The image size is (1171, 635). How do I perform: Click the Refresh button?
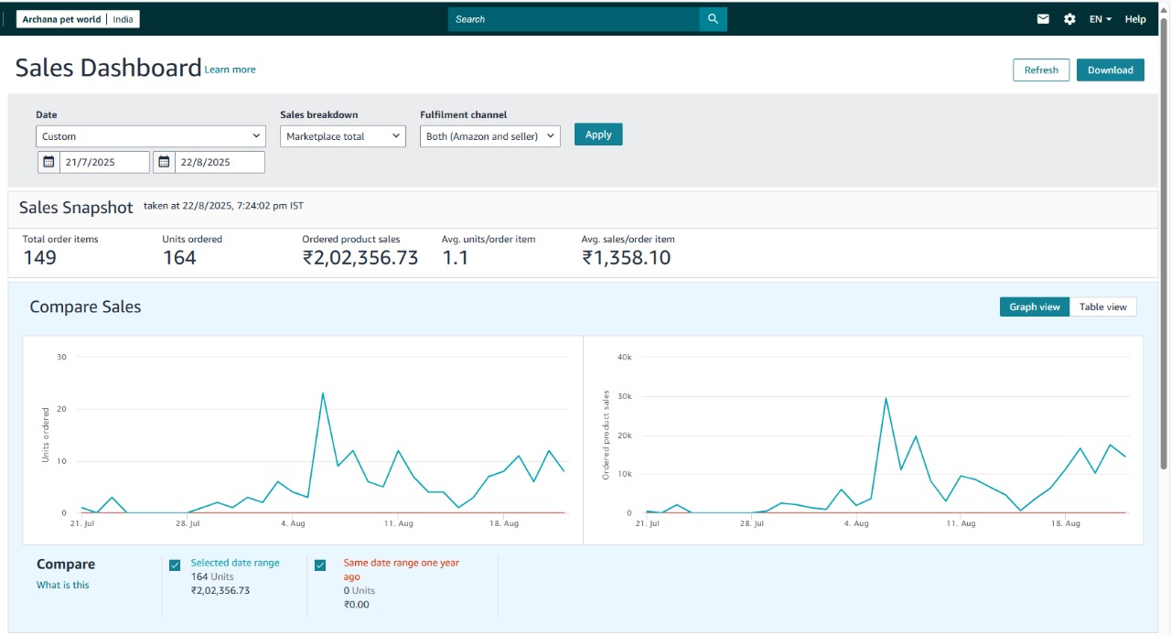click(x=1041, y=70)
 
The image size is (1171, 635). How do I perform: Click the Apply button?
click(x=598, y=135)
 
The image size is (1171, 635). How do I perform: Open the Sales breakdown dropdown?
click(x=343, y=136)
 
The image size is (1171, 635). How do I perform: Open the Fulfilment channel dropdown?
click(x=490, y=136)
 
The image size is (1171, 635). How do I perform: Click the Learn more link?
click(x=231, y=70)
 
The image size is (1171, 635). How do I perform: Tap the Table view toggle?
click(x=1102, y=307)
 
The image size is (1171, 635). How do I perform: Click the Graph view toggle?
click(x=1035, y=307)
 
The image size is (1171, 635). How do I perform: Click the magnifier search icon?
click(x=713, y=19)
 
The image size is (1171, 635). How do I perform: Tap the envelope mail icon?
click(x=1043, y=19)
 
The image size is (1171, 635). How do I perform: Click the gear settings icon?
click(x=1069, y=19)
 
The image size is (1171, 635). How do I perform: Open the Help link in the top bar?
click(x=1135, y=19)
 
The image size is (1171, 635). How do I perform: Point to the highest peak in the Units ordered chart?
click(x=323, y=393)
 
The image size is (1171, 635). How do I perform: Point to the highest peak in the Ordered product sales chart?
click(x=886, y=398)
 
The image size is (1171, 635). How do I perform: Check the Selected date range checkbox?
click(x=175, y=565)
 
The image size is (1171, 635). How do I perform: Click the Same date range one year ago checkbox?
click(x=320, y=565)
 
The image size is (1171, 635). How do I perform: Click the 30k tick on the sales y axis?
click(x=625, y=396)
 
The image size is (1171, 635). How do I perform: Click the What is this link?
click(x=63, y=585)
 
